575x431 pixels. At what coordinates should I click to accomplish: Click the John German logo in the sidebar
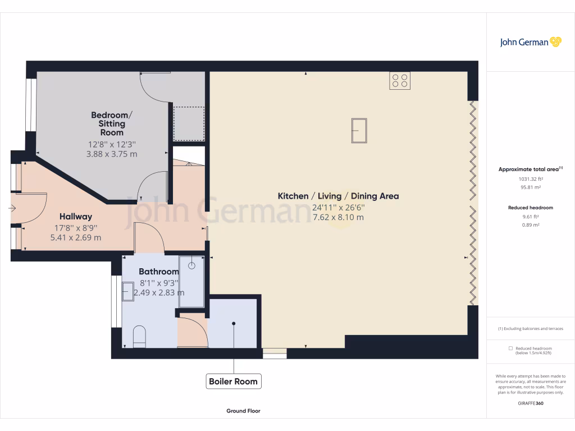[530, 42]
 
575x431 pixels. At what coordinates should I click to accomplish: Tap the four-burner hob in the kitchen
[400, 81]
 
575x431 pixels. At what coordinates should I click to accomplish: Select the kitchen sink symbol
[359, 131]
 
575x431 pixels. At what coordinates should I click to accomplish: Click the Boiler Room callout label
[233, 382]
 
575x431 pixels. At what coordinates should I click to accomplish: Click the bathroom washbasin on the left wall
[128, 291]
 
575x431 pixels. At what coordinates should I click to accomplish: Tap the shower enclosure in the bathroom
[192, 281]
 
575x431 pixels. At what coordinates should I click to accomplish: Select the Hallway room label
[76, 217]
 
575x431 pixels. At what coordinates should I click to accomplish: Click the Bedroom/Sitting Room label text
[112, 124]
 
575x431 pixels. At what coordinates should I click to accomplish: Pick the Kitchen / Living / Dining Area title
[338, 196]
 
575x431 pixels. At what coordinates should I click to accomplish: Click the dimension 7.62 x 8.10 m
[338, 217]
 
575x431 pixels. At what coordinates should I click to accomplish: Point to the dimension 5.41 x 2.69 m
[76, 237]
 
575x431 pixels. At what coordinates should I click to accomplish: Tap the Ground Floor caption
[243, 411]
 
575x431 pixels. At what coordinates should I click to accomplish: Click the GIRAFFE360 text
[531, 403]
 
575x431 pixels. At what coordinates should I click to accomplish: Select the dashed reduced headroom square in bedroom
[189, 123]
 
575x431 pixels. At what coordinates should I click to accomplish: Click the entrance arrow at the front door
[12, 208]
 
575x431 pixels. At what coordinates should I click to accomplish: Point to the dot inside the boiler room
[233, 323]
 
